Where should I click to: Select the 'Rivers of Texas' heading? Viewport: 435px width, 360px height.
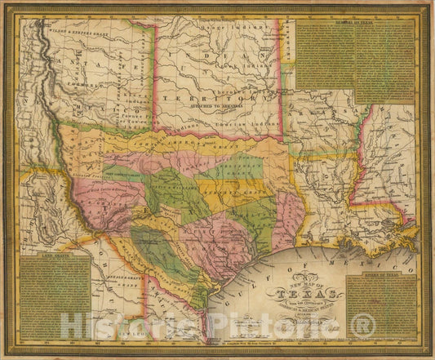pyautogui.click(x=381, y=276)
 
